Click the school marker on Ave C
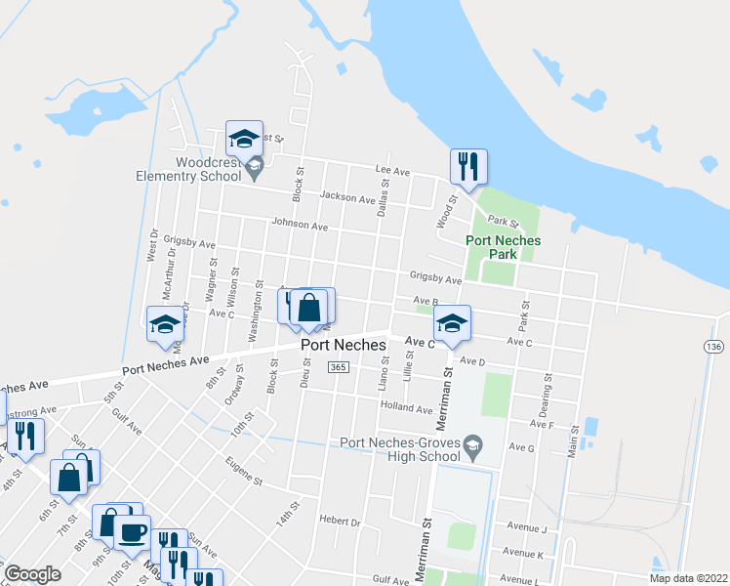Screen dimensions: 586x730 point(452,324)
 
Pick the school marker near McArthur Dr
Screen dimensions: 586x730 point(165,324)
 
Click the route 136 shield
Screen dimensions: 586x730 point(714,347)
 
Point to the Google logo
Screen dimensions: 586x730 point(32,574)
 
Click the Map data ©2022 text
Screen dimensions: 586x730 point(688,578)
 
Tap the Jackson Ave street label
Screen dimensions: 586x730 point(346,199)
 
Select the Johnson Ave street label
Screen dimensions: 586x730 point(300,225)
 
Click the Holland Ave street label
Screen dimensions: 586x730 point(406,406)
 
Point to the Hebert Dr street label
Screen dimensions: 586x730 point(342,523)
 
